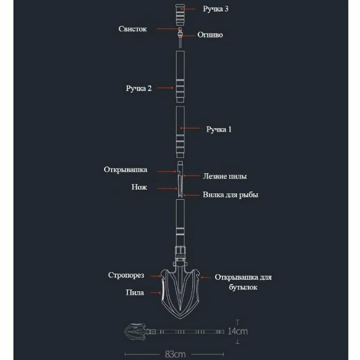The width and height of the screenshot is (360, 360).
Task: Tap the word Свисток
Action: click(133, 29)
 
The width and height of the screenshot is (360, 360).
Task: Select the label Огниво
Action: click(210, 35)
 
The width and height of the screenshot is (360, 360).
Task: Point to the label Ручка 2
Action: click(139, 88)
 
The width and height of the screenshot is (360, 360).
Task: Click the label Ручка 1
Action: click(219, 129)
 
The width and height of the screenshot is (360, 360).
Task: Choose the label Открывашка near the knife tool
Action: click(126, 170)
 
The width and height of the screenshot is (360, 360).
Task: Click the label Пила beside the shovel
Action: click(135, 292)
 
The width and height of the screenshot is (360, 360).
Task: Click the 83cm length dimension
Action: click(175, 355)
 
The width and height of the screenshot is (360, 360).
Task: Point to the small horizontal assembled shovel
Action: click(173, 331)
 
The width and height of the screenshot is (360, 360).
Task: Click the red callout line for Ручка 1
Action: click(191, 129)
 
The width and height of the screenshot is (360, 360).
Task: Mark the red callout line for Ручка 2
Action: click(166, 88)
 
